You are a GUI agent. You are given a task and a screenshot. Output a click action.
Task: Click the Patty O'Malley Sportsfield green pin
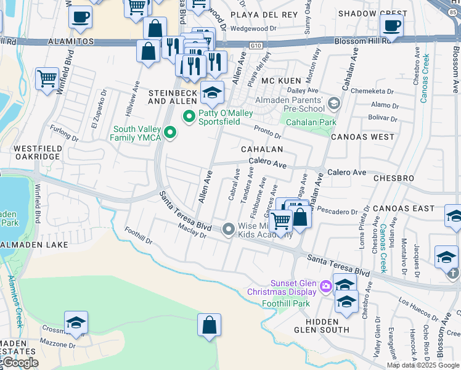(x=188, y=115)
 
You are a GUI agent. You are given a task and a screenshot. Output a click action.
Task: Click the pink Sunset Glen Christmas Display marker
(x=326, y=286)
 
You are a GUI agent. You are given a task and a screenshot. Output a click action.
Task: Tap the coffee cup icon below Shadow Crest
(x=391, y=27)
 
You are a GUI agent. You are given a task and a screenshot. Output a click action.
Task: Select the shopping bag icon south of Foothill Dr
(x=209, y=326)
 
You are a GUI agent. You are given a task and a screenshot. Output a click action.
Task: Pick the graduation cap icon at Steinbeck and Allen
(x=212, y=94)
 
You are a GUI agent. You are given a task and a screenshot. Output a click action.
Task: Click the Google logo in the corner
(x=20, y=363)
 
